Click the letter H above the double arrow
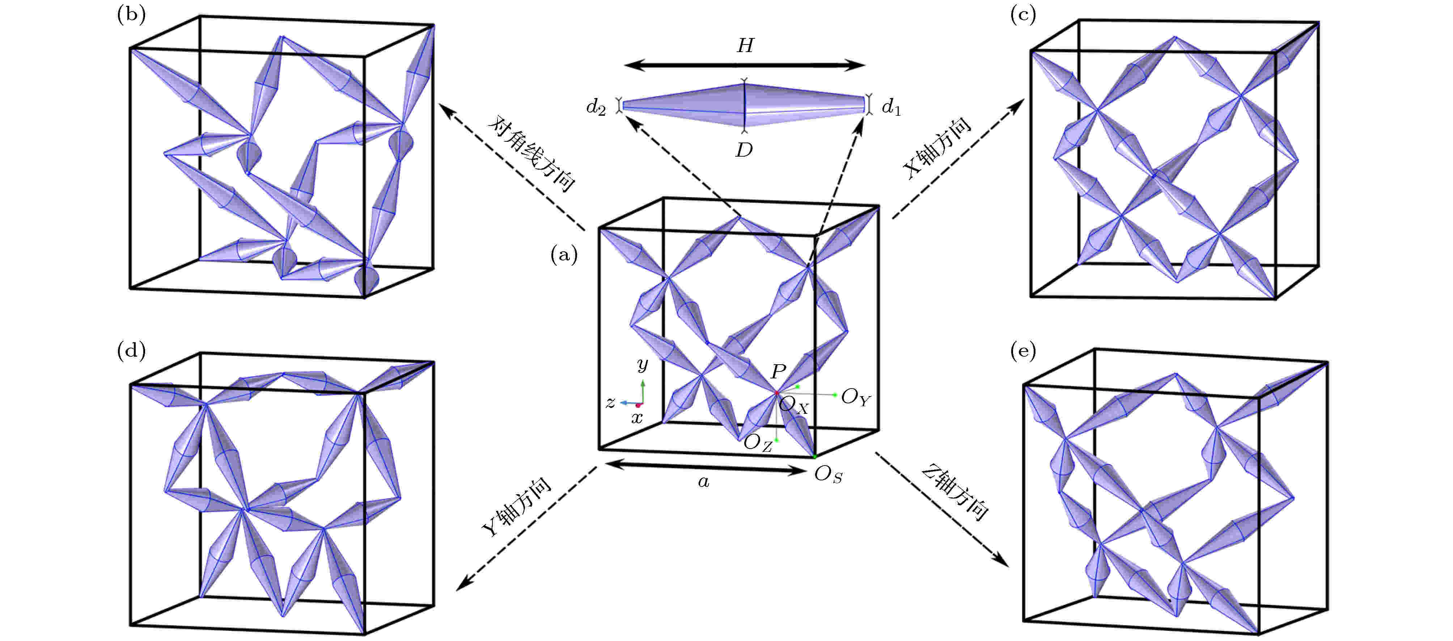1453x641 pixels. click(x=745, y=45)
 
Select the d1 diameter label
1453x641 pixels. click(x=891, y=107)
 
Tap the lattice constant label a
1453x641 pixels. click(x=703, y=482)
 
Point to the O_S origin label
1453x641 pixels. click(x=829, y=475)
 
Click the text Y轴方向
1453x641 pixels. click(x=516, y=507)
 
